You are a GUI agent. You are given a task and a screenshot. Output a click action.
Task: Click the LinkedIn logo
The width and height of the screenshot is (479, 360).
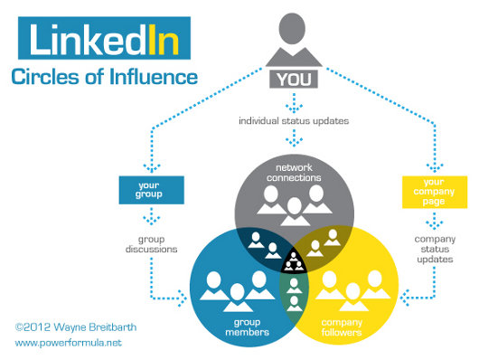tap(104, 38)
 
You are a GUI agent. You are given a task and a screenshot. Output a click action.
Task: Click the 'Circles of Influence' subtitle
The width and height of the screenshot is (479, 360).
tap(105, 77)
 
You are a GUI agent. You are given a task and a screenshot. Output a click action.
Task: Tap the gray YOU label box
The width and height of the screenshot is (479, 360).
tap(294, 80)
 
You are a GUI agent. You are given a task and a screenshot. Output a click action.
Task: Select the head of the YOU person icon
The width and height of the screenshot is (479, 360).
tap(292, 28)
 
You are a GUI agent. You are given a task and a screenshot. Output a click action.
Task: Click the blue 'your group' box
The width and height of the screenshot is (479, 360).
tap(152, 190)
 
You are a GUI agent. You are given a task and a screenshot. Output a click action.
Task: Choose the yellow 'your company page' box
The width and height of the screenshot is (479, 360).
tap(435, 192)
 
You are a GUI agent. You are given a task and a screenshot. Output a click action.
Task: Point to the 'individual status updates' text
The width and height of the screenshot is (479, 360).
tap(294, 121)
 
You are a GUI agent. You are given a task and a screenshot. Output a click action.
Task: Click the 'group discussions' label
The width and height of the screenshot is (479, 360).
tap(152, 244)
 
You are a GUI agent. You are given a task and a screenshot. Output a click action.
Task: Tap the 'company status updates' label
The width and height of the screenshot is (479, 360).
tap(435, 250)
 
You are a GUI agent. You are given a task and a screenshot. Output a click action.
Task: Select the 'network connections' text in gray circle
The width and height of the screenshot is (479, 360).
tap(294, 173)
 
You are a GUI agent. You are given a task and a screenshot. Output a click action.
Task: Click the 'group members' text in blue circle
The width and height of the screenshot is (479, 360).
tap(247, 327)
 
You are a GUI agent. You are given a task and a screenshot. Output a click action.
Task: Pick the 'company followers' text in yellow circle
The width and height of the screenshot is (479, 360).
tap(342, 327)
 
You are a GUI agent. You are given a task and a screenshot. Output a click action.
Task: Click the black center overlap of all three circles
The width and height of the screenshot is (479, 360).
tap(294, 262)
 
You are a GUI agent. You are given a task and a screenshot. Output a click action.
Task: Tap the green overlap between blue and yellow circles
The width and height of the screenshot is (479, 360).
tap(294, 295)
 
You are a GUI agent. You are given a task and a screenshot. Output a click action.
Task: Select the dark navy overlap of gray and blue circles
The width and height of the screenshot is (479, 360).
tap(263, 245)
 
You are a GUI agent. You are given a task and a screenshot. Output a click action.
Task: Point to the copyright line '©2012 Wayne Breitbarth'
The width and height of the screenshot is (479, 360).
tap(76, 327)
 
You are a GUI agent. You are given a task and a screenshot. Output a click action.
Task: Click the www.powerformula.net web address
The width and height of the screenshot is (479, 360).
tap(69, 343)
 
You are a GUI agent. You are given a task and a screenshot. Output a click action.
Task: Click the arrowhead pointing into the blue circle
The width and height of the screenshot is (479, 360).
tap(183, 298)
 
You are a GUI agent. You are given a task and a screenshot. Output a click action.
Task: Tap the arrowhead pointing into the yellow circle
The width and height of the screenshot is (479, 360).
tap(405, 298)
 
